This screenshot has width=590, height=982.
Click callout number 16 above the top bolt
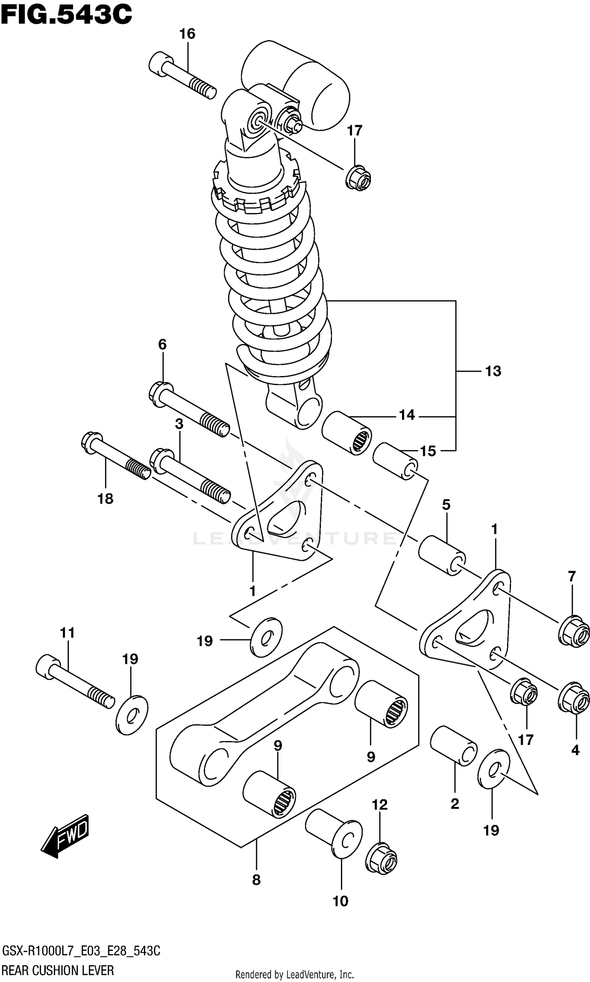[187, 34]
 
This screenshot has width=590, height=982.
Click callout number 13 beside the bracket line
[493, 371]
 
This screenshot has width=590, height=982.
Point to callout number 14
[407, 415]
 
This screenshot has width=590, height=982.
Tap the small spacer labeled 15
[395, 460]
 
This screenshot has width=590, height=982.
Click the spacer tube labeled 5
[442, 555]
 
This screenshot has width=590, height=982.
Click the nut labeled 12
[381, 858]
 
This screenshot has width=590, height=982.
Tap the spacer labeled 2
[454, 746]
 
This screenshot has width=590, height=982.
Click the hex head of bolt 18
[92, 443]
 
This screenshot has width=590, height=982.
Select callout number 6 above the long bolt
[162, 344]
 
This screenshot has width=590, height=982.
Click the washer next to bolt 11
[132, 714]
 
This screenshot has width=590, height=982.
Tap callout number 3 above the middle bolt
[179, 424]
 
